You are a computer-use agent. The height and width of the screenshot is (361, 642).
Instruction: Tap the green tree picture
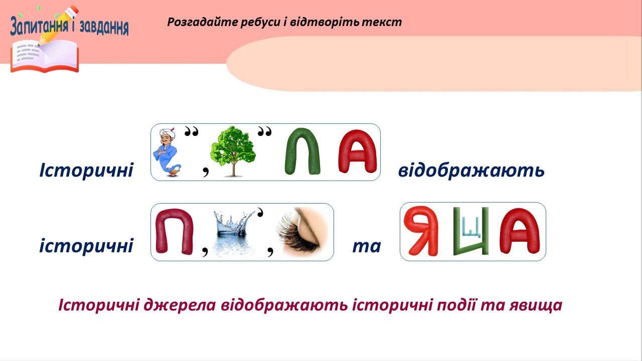(x=233, y=151)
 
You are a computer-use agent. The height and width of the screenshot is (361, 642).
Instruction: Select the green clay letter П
(x=302, y=151)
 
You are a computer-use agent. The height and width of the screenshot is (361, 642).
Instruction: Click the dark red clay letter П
(x=175, y=231)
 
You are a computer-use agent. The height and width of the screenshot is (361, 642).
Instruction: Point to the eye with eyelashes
(x=302, y=232)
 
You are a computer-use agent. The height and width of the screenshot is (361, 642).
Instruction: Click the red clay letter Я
(x=421, y=231)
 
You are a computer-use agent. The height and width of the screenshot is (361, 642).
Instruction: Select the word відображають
(x=471, y=170)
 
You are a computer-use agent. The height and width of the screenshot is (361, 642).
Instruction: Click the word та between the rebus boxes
(x=367, y=246)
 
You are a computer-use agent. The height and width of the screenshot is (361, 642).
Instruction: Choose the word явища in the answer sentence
(x=536, y=305)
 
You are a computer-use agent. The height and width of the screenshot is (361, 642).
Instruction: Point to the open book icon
(x=45, y=56)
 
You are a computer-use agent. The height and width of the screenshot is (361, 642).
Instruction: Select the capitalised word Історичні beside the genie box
(x=86, y=170)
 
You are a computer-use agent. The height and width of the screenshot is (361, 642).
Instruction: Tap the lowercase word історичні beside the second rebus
(x=86, y=246)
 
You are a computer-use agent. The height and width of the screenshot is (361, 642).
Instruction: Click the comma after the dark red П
(x=205, y=252)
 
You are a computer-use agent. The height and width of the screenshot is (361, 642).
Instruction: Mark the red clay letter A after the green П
(x=358, y=151)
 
